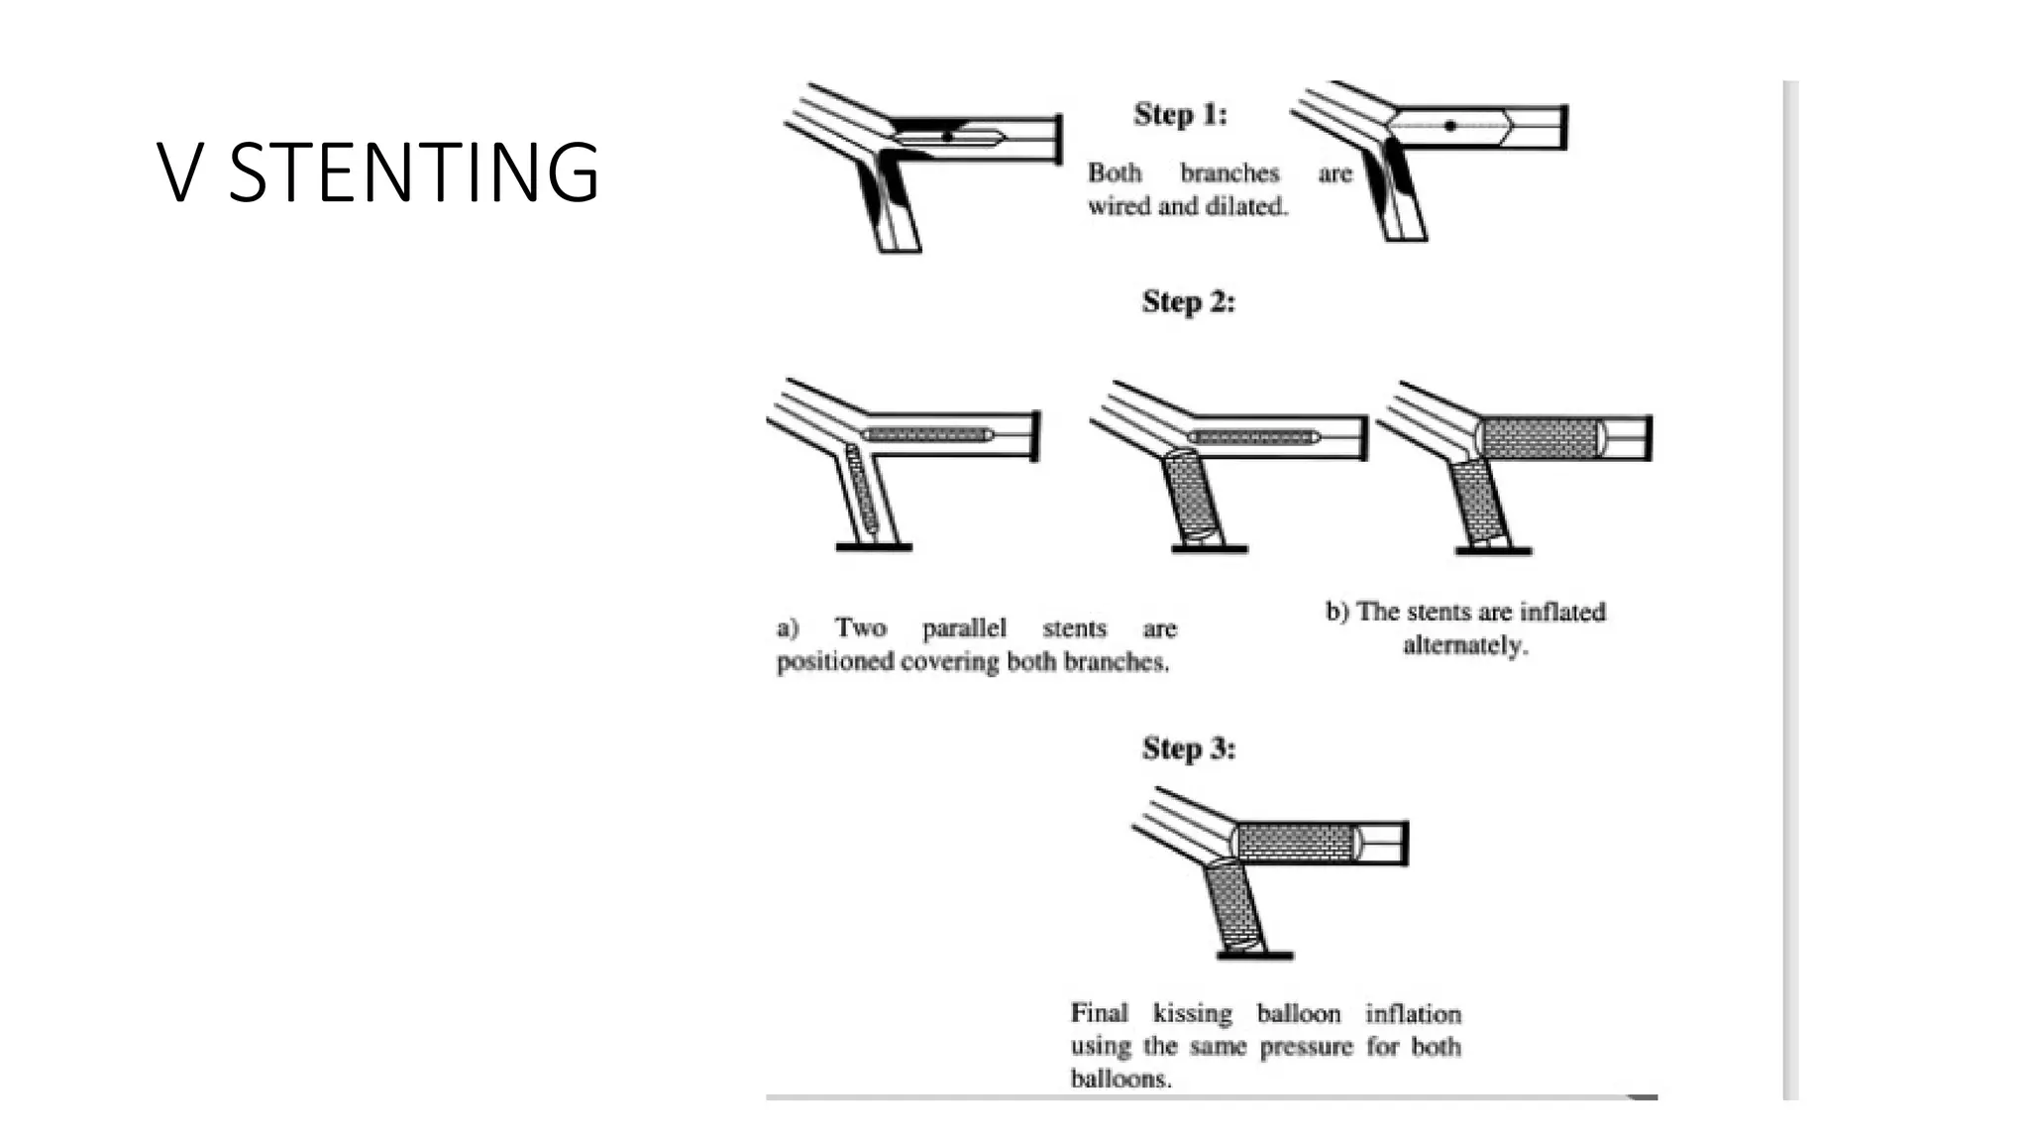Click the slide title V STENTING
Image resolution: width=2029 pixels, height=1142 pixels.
pos(377,172)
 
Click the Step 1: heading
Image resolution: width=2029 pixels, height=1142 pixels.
pos(1180,114)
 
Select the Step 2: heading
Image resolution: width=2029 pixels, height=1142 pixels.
pos(1188,300)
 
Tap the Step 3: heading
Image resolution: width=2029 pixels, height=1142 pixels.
pos(1188,747)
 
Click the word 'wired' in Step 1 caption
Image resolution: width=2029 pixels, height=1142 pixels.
pos(1118,206)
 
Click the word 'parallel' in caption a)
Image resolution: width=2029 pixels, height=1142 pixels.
pos(963,628)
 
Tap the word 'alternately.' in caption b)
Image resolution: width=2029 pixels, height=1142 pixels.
pos(1465,645)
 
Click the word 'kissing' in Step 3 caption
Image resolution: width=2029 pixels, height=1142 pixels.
pos(1192,1013)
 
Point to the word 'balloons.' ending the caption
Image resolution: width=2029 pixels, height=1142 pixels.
pos(1121,1079)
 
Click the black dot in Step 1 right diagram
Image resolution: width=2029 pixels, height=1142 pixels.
pos(1450,126)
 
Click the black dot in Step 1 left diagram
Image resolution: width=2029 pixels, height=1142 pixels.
pos(947,136)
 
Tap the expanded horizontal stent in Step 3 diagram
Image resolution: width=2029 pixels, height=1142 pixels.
pos(1295,844)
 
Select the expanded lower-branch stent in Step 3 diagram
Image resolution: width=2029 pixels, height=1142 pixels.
pos(1233,904)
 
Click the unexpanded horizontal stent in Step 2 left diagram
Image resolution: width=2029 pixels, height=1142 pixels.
pos(927,434)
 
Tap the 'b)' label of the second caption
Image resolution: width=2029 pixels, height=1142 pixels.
pos(1336,612)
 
